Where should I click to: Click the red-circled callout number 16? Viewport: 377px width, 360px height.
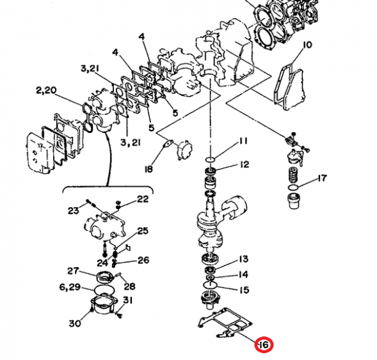[x=263, y=345]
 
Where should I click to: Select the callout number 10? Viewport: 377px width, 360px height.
[x=307, y=45]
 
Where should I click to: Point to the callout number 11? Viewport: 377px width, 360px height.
[x=243, y=141]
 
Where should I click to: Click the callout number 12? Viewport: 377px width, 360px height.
[x=244, y=165]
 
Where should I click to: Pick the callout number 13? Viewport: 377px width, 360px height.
[x=243, y=259]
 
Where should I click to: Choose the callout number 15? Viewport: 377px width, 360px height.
[x=243, y=290]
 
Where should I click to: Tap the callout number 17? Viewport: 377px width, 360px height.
[x=322, y=178]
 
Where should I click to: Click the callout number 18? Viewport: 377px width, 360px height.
[x=148, y=169]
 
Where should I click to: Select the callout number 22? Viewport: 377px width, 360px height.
[x=142, y=199]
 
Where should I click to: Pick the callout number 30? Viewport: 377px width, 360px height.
[x=75, y=323]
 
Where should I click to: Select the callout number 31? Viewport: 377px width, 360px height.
[x=128, y=301]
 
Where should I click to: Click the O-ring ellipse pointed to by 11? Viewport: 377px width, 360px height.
[x=212, y=157]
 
